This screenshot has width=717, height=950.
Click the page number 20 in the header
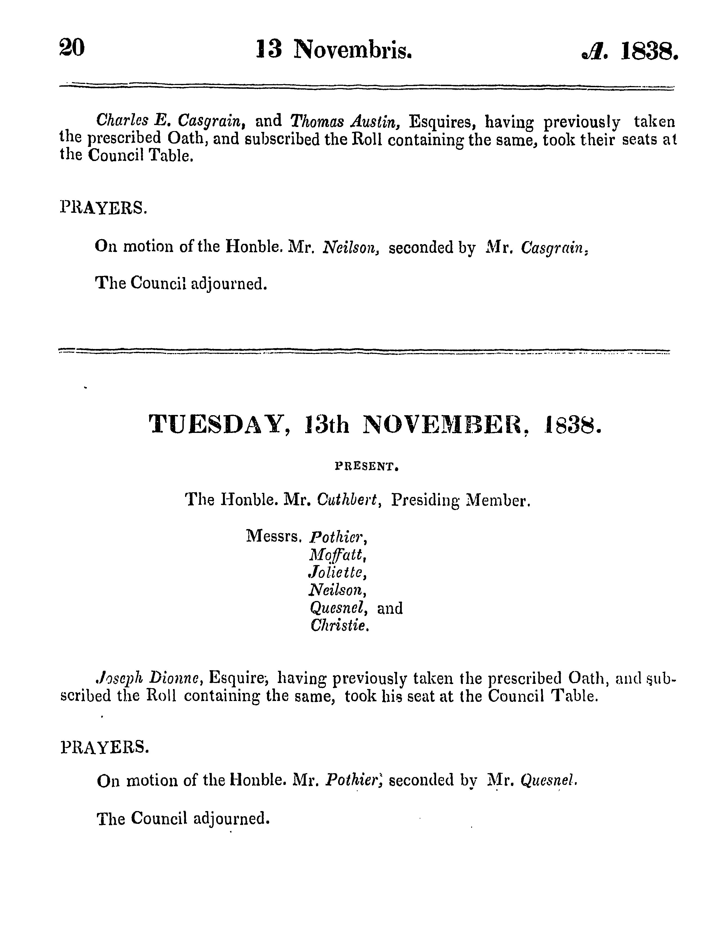coord(72,48)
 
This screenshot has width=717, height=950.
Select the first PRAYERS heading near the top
coord(103,208)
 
